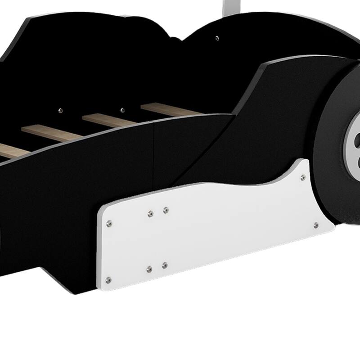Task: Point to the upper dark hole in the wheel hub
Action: pos(357,137)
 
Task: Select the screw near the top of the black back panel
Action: pos(217,38)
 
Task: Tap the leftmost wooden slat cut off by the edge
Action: pos(11,151)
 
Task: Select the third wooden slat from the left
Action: pos(108,119)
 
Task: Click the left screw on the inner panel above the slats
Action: pos(61,110)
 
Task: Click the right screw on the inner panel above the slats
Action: pos(122,109)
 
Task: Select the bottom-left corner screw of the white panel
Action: pos(108,279)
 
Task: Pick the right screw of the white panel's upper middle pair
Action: pos(166,210)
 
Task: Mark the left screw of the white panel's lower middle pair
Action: pos(149,269)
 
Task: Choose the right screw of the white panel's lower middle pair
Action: pos(165,265)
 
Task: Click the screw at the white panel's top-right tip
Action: pos(303,177)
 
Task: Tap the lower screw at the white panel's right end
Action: pos(316,225)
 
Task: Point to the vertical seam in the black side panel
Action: pos(153,148)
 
